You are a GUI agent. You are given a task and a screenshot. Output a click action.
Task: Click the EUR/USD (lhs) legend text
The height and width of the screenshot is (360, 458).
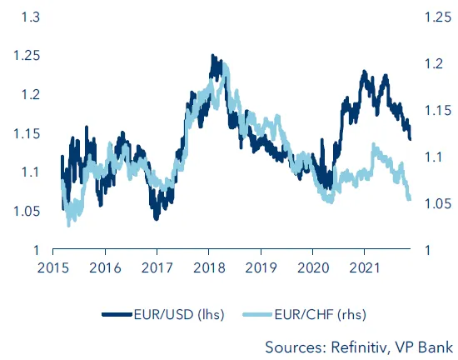[180, 314]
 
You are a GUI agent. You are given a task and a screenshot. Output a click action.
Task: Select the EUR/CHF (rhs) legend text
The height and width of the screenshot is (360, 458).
[325, 314]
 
